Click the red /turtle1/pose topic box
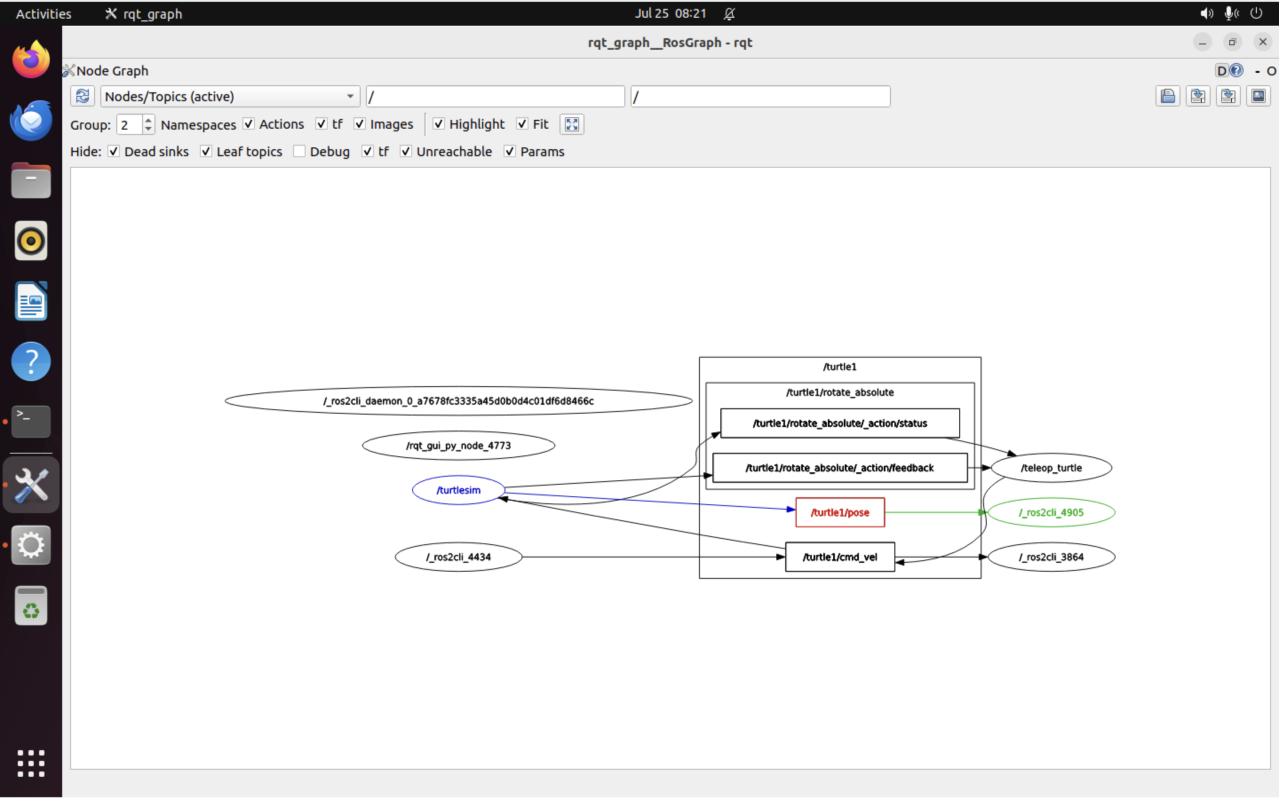pos(839,512)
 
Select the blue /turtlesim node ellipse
pos(458,490)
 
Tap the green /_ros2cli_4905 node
pos(1051,512)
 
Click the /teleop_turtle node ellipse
pos(1051,468)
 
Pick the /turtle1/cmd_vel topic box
pos(839,557)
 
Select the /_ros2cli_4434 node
pos(458,557)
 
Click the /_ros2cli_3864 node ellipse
pos(1051,557)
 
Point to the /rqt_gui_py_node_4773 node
pos(458,446)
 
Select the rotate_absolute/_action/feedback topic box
pos(839,468)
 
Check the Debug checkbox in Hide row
pos(299,152)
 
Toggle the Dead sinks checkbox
pos(114,152)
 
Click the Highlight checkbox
pos(438,124)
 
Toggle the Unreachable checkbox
pos(405,152)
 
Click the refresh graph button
pos(83,97)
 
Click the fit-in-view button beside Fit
pos(571,124)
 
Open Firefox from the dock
pos(31,59)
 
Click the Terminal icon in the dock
pos(31,421)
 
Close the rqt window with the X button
pos(1262,42)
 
